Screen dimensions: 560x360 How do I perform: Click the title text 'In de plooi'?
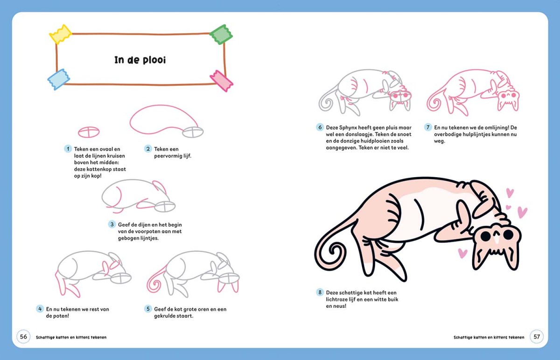[140, 60]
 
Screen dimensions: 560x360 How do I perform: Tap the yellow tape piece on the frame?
[61, 34]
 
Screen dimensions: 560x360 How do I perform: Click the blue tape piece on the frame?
[59, 79]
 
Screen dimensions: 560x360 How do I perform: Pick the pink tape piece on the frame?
[222, 81]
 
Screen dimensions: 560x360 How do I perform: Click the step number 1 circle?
[68, 149]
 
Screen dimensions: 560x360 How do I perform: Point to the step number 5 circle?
[148, 309]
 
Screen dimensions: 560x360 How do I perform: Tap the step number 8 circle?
[320, 292]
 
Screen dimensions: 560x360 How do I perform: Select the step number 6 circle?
[320, 127]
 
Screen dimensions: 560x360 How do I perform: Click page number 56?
[23, 337]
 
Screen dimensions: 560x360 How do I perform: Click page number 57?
[537, 337]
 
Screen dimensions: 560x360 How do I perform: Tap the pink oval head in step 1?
[89, 132]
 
